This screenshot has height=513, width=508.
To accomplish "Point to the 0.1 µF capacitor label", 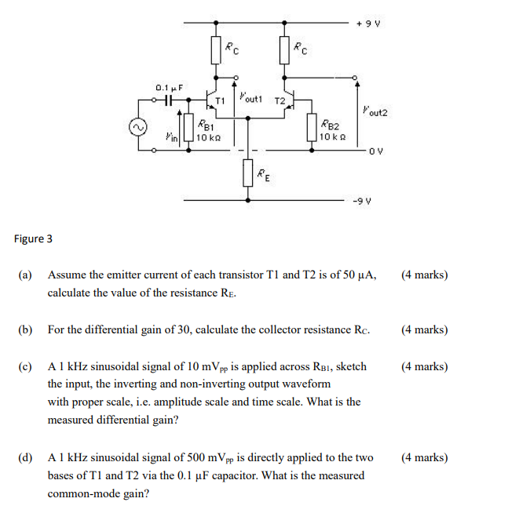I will [x=169, y=88].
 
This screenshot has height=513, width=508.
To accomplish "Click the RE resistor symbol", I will [x=248, y=172].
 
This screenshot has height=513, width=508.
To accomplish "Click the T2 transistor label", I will [x=278, y=100].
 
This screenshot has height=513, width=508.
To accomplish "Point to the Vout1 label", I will [x=252, y=98].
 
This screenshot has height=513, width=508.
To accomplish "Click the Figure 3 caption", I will [x=33, y=238].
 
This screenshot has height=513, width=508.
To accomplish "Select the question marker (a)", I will [x=26, y=275].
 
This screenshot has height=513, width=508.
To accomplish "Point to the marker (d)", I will [x=26, y=457].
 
